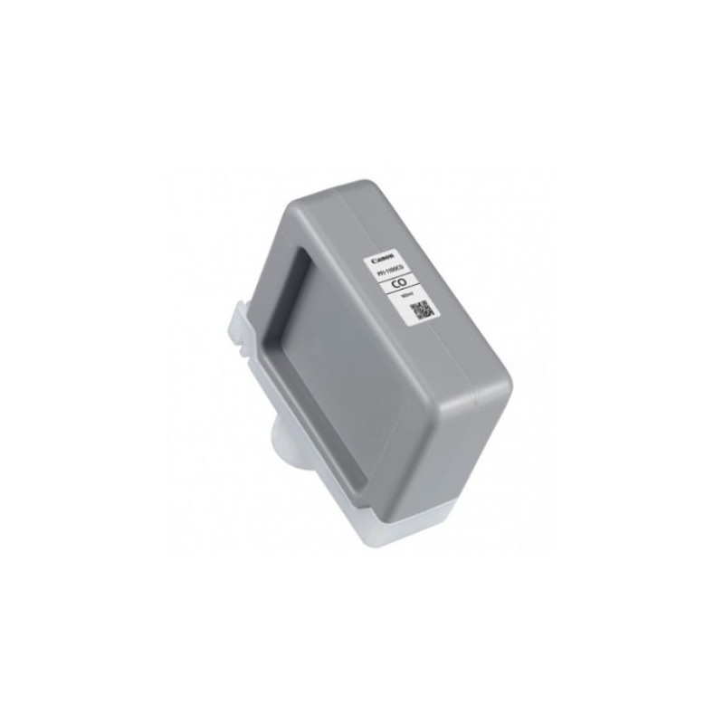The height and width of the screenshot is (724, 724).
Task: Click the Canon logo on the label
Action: coord(375,257)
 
